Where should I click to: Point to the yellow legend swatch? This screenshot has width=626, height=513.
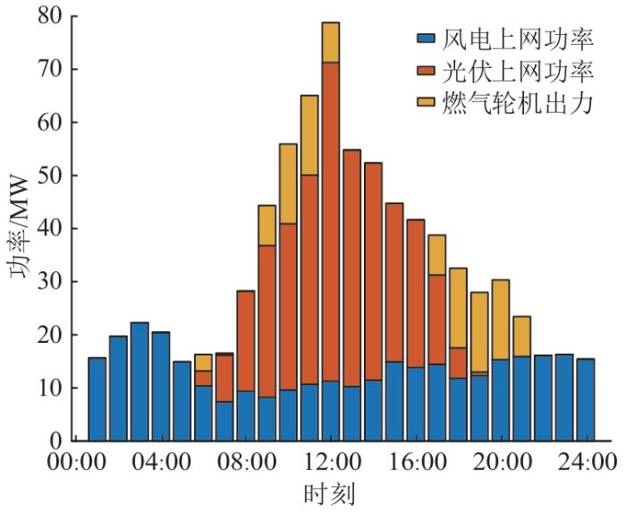click(426, 105)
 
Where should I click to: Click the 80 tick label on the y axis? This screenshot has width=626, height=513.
click(53, 16)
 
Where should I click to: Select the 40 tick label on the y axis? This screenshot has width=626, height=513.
click(53, 228)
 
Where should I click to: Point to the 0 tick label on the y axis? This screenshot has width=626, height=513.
click(58, 440)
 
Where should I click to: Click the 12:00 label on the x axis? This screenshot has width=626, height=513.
click(330, 464)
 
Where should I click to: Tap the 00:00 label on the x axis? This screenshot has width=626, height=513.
click(75, 464)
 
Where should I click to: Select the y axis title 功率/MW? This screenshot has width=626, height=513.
click(20, 228)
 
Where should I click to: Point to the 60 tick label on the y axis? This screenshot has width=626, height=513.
click(53, 123)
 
